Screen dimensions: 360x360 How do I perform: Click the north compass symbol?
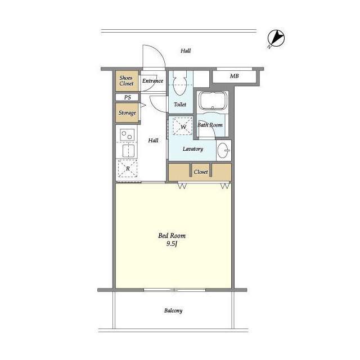(x=276, y=38)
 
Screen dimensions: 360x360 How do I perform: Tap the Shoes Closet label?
(x=126, y=80)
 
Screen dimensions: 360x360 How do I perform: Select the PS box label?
(x=128, y=97)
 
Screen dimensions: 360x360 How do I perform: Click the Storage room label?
(x=127, y=112)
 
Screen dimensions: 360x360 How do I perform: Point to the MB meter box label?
(x=234, y=76)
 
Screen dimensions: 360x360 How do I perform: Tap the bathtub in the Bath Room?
(x=213, y=101)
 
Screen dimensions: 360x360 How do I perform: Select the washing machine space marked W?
(x=183, y=126)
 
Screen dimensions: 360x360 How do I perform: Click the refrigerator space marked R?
(x=128, y=169)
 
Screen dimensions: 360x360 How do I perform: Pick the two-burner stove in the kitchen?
(x=127, y=135)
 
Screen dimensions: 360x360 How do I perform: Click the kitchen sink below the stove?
(x=128, y=151)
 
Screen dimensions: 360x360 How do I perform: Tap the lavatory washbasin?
(x=223, y=150)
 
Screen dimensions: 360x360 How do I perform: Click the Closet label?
(x=201, y=172)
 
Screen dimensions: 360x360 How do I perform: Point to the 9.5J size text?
(x=172, y=244)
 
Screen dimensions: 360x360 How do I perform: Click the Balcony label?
(x=173, y=310)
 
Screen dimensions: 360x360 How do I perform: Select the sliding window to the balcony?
(x=175, y=290)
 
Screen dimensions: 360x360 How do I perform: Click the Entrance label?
(x=152, y=80)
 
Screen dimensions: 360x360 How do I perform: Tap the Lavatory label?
(x=193, y=148)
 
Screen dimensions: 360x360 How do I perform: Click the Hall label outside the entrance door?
(x=186, y=51)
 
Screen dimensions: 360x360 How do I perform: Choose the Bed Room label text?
(x=172, y=236)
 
